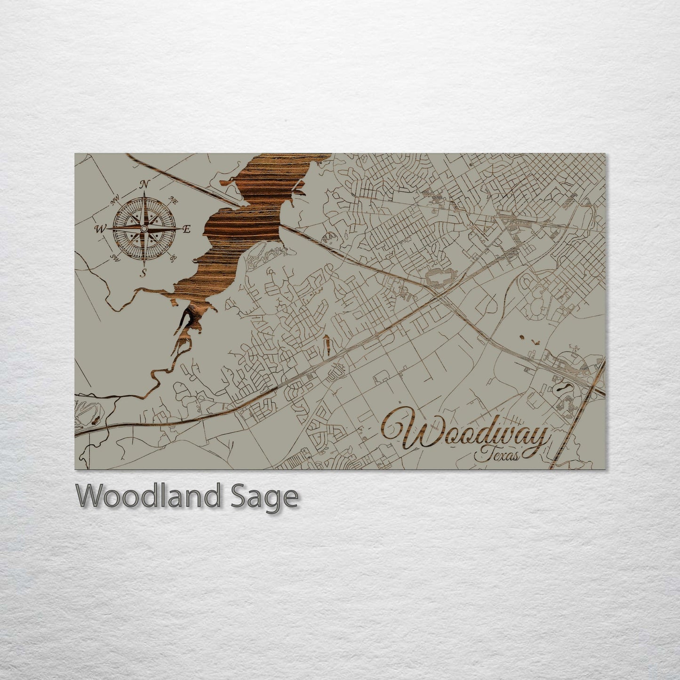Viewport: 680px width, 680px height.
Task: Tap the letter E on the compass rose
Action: pos(186,230)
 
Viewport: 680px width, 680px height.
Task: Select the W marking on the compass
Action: pos(100,229)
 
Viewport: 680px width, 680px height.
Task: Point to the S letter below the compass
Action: pos(144,272)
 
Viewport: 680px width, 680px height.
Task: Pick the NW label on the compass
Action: pos(113,202)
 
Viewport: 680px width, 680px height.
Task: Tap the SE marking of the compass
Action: pos(173,257)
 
